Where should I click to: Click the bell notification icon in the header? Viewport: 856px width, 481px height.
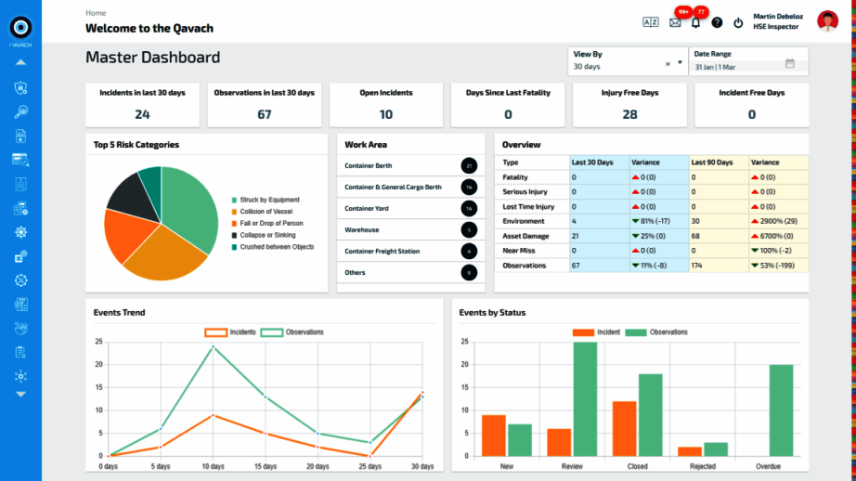695,22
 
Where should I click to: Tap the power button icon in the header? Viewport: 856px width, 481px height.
738,22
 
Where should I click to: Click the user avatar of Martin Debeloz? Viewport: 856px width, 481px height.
826,21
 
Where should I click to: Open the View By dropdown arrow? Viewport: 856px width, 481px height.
680,64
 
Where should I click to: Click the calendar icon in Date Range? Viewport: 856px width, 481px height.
790,64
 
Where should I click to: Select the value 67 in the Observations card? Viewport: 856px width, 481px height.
265,114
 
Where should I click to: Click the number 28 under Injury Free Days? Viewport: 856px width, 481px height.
629,114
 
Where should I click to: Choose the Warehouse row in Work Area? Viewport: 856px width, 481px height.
362,229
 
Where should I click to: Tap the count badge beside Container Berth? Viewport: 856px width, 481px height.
469,166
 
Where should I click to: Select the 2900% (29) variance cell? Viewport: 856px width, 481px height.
778,221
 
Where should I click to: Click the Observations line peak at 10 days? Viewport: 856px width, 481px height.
214,346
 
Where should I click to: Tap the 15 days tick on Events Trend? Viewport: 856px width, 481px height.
266,466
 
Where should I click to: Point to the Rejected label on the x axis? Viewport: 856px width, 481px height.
703,466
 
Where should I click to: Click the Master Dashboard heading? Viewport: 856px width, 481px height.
153,58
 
